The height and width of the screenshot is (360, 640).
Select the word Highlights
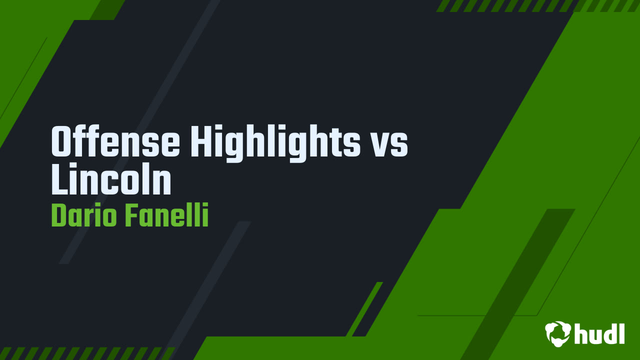click(x=275, y=142)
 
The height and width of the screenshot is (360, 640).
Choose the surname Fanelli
click(x=166, y=216)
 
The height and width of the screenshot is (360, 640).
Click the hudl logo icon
click(x=558, y=333)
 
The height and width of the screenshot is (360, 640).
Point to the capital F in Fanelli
click(x=131, y=216)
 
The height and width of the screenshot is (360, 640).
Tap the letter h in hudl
click(x=581, y=333)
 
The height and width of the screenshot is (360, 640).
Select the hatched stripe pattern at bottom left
click(x=85, y=353)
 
